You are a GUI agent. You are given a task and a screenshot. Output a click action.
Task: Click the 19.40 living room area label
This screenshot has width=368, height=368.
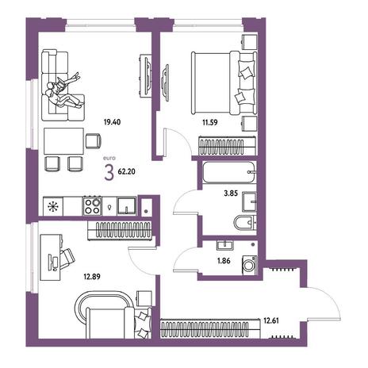[112, 122]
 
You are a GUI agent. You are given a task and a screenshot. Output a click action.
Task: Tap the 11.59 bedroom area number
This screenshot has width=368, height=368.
[210, 123]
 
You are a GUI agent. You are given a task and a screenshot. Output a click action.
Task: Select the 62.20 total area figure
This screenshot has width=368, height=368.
[126, 171]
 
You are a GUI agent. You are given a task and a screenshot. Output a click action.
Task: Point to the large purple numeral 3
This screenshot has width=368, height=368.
[109, 172]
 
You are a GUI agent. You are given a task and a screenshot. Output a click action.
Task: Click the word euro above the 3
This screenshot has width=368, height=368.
[109, 159]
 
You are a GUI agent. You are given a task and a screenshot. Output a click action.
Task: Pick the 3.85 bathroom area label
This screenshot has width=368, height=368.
[231, 194]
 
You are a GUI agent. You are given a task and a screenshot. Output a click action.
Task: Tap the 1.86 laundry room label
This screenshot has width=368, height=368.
[224, 261]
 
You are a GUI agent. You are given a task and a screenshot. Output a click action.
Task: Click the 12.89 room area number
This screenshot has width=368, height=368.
[92, 277]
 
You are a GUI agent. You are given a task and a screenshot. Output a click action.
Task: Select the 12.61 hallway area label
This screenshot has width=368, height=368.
[271, 320]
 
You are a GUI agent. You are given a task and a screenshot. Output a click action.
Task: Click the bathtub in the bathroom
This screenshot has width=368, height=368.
[229, 172]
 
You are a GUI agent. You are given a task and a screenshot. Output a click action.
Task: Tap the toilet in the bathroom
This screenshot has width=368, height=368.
[245, 223]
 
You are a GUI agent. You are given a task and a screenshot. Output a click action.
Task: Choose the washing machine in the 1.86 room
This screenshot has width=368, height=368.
[249, 265]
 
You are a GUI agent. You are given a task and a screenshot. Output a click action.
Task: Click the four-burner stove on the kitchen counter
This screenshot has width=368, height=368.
[92, 206]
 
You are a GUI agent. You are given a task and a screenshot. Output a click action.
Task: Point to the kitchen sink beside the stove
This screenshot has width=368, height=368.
[127, 206]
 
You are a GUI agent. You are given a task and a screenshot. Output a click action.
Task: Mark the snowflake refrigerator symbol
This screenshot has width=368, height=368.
[53, 206]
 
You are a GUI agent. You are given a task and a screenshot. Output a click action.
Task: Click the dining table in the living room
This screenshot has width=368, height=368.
[63, 141]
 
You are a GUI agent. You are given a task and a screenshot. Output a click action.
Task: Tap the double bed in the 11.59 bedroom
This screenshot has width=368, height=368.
[224, 83]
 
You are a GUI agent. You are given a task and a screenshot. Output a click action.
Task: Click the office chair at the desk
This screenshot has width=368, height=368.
[67, 259]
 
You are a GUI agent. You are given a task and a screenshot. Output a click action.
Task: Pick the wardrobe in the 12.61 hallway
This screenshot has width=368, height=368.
[210, 328]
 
